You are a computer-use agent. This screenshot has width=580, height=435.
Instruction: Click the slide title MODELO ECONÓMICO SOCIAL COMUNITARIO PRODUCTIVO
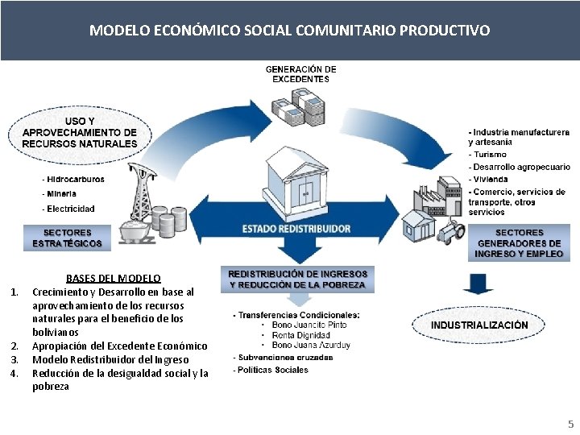pos(289,31)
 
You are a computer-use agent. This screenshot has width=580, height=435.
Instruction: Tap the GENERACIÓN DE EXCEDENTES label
pos(300,74)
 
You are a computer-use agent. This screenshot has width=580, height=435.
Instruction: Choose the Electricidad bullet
pos(71,209)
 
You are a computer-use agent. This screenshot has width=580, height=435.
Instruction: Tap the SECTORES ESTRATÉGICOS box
pos(68,238)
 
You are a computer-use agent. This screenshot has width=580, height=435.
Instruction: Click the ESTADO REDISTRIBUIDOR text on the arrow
pos(297,229)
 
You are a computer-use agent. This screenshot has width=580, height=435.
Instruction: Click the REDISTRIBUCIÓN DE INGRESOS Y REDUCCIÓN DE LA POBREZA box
pos(298,279)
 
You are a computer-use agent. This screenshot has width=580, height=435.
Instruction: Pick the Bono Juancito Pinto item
pos(309,325)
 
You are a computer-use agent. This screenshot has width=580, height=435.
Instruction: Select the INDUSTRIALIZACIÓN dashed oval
pos(479,325)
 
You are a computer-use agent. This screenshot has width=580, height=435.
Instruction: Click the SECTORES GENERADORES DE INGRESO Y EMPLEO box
pos(519,243)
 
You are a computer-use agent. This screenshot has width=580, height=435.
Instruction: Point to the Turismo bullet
pos(491,154)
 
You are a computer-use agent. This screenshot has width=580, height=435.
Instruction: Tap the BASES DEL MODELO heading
pos(114,278)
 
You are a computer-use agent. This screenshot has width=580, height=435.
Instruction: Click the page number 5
pos(570,423)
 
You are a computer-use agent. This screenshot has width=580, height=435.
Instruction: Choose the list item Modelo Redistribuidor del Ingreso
pos(110,359)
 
